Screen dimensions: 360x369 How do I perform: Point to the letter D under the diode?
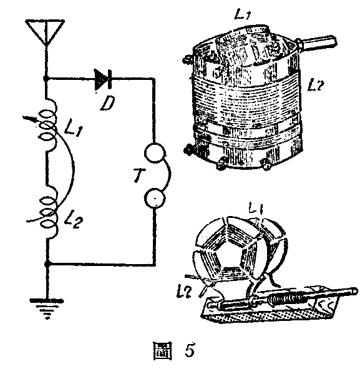[x=107, y=103]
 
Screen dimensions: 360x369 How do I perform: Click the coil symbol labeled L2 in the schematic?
[x=49, y=212]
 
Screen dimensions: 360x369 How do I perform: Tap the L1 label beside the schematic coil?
[x=73, y=129]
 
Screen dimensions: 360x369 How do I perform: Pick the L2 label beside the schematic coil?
[x=74, y=221]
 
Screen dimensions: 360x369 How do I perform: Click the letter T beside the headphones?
[x=139, y=175]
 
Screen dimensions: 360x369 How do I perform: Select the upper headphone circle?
[x=154, y=152]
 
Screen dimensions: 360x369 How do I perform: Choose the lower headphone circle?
[x=155, y=198]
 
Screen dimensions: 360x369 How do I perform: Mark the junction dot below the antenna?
[x=46, y=79]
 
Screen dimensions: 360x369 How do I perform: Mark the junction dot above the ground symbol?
[x=47, y=264]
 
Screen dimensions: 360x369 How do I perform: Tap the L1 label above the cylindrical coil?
[x=243, y=14]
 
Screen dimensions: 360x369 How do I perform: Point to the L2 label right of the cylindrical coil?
[x=316, y=86]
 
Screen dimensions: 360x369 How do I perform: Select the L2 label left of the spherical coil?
[x=185, y=292]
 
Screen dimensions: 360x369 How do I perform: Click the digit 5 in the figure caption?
[x=189, y=350]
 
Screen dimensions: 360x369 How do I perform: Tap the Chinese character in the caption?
[x=162, y=351]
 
